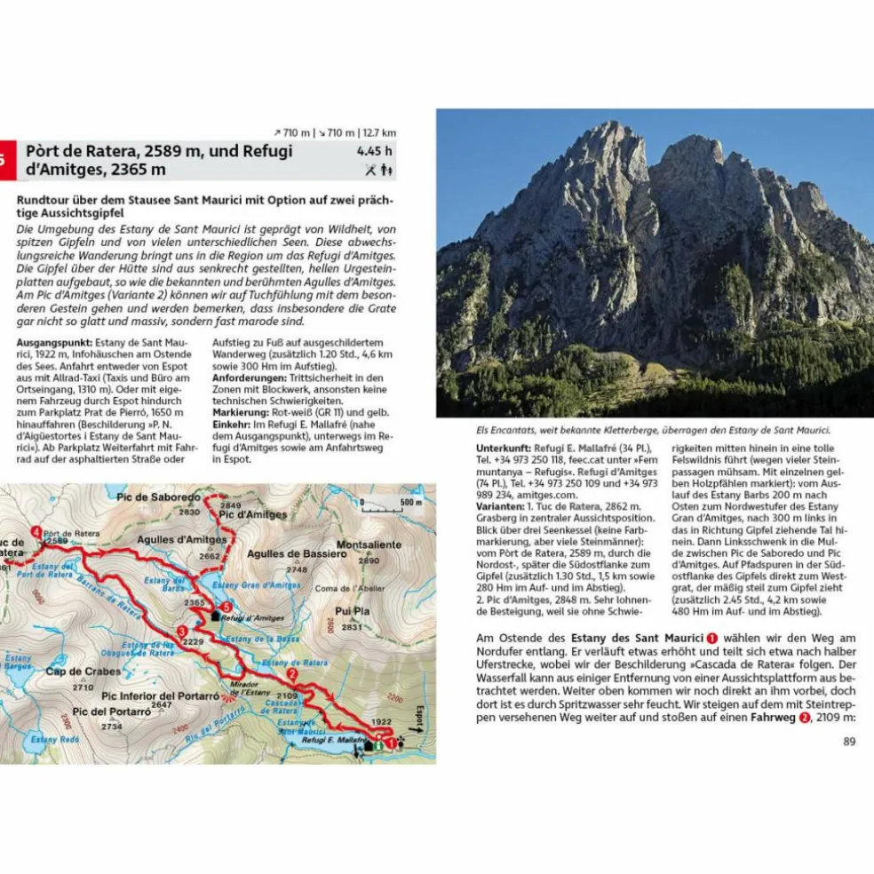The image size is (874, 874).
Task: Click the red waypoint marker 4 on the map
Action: coord(36,531)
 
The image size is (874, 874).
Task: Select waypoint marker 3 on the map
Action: coord(181,632)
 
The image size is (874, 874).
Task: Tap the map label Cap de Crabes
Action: coord(83,671)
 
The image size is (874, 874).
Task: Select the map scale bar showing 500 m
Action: coord(392,504)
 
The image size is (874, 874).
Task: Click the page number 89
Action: coord(848,742)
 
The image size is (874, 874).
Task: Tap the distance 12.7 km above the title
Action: coord(378,133)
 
